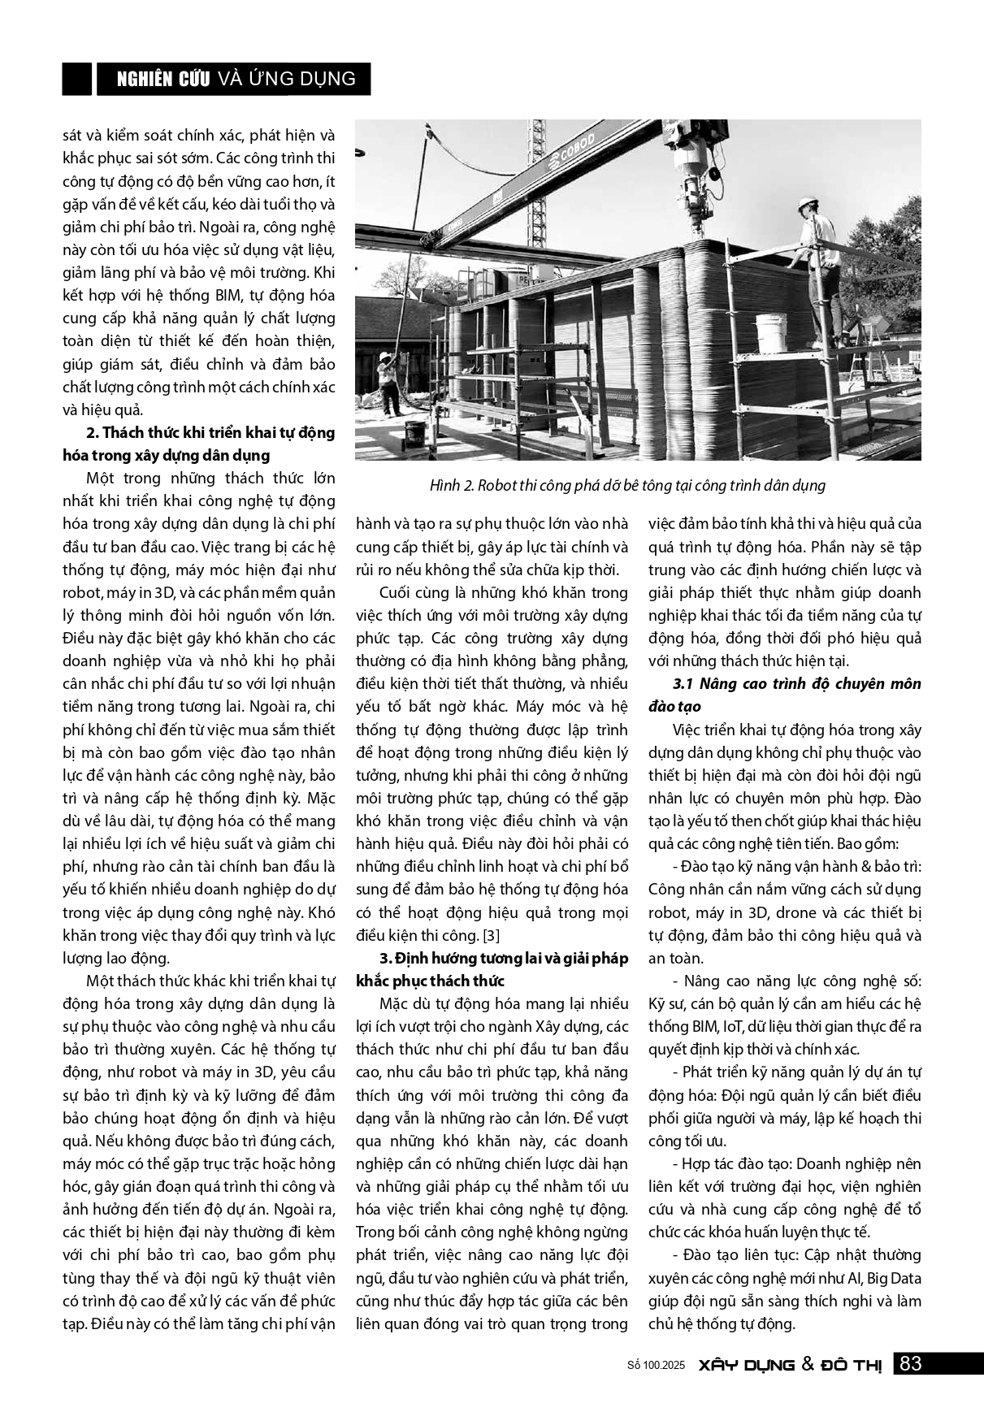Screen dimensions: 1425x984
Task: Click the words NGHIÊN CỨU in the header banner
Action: tap(163, 79)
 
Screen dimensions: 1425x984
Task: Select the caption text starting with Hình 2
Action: tap(627, 486)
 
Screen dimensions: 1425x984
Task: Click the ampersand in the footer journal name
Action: tap(807, 1365)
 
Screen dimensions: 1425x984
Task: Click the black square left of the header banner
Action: tap(76, 79)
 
